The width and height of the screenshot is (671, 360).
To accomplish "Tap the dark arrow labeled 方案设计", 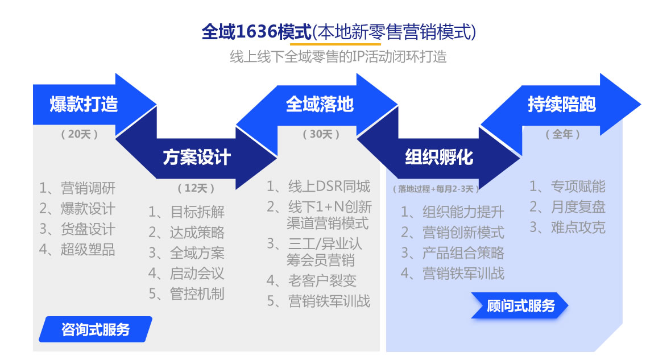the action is click(x=197, y=158).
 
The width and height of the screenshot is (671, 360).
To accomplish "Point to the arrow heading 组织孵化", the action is click(x=438, y=158).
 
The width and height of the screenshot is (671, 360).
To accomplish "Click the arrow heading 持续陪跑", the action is click(x=561, y=105).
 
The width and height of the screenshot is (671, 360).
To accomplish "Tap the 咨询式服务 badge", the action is click(x=96, y=329).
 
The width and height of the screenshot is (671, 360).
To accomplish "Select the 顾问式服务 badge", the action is click(x=520, y=305).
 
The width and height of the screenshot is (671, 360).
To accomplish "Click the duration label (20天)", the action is click(x=80, y=134).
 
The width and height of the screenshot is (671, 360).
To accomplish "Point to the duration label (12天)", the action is click(x=196, y=188).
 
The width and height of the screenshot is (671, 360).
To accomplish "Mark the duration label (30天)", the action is click(x=321, y=134).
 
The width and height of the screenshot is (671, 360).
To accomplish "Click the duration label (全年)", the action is click(x=563, y=134).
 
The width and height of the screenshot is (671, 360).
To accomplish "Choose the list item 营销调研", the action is click(x=77, y=188).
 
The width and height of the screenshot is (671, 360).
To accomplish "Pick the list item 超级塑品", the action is click(x=77, y=250).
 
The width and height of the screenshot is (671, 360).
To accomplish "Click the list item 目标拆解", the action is click(x=187, y=212).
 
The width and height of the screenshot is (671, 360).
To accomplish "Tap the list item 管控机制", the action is click(x=187, y=294).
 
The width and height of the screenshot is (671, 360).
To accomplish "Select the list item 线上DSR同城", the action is click(x=318, y=186).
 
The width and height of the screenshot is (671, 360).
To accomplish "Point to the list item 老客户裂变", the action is click(x=312, y=280).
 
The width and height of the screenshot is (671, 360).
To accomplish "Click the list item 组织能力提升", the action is click(x=453, y=212).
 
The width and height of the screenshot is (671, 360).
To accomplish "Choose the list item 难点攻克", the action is click(x=568, y=227).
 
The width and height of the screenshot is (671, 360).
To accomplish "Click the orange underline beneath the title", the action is click(x=335, y=44).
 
